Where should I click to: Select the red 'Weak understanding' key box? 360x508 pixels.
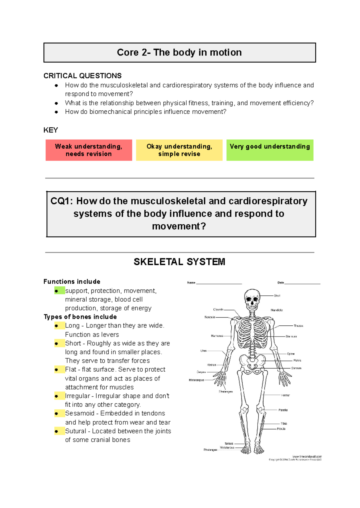89,150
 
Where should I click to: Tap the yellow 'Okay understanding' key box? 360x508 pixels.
179,150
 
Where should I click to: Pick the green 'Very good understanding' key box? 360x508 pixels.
270,150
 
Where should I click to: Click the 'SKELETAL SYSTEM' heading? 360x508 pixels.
179,262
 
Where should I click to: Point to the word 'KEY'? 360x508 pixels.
51,130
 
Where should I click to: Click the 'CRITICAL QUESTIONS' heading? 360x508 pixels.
82,76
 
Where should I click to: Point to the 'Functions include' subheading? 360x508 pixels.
72,282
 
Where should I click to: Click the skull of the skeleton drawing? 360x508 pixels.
252,298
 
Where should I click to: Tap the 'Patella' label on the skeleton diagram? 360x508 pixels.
283,410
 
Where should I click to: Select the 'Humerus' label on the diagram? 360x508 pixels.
217,336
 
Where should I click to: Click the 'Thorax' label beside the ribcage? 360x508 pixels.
298,326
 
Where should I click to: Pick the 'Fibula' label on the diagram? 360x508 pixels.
281,429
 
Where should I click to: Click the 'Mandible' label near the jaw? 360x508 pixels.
277,310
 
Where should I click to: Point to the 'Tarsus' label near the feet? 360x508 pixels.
229,444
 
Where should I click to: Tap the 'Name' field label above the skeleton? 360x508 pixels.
191,282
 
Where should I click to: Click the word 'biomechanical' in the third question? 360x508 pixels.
111,112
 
